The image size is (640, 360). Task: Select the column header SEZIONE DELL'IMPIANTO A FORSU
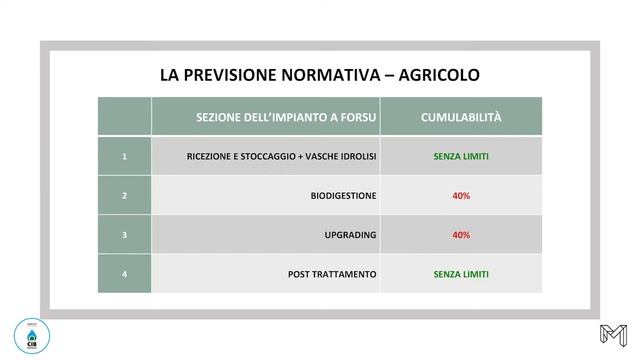[x=286, y=117]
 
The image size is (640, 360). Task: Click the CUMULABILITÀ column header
[x=461, y=117]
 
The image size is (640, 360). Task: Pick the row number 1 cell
[x=124, y=157]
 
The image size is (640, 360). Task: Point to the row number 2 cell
[x=124, y=196]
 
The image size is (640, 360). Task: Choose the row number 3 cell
[x=124, y=235]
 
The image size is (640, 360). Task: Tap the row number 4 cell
[x=124, y=274]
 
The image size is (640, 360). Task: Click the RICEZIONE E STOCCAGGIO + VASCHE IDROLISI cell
[x=281, y=157]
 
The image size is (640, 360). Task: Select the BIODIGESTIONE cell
[x=343, y=196]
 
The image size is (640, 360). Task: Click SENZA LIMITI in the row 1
[x=461, y=157]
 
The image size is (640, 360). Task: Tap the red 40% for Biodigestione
[x=461, y=196]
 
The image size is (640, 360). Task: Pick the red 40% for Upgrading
[x=461, y=235]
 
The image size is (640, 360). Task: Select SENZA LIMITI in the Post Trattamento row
[x=461, y=274]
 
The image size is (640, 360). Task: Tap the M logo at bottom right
[x=612, y=337]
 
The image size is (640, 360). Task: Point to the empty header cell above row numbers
[x=124, y=117]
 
